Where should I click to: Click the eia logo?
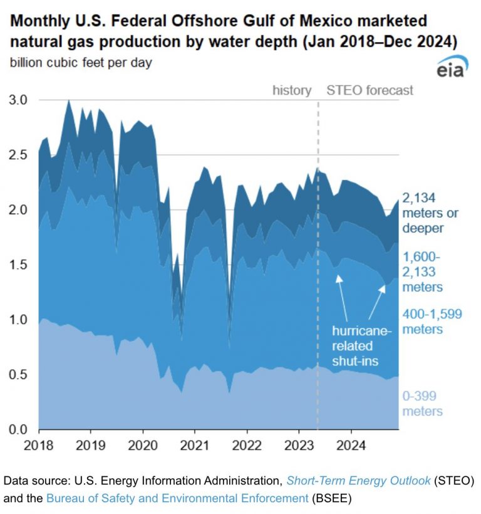coord(452,66)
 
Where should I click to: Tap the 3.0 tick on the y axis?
coord(18,100)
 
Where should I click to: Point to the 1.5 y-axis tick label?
coord(18,265)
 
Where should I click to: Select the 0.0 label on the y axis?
coord(18,429)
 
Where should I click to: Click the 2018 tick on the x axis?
coord(39,446)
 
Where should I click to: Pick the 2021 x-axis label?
coord(195,446)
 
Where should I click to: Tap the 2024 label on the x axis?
coord(351,446)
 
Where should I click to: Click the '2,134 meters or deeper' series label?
coord(430,213)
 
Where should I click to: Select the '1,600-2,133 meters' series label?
coord(422,272)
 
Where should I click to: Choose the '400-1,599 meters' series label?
coord(432,322)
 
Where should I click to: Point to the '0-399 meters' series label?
coord(422,404)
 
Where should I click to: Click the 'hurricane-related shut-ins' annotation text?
coord(361,346)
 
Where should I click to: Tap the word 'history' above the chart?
coord(292,90)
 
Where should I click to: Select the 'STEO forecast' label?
coord(370,90)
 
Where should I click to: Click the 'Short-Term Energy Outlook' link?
coord(358,481)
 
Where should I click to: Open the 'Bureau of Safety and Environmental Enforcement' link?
coord(177,498)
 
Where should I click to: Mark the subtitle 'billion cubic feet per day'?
coord(81,63)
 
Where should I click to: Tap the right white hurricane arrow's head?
coord(383,288)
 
